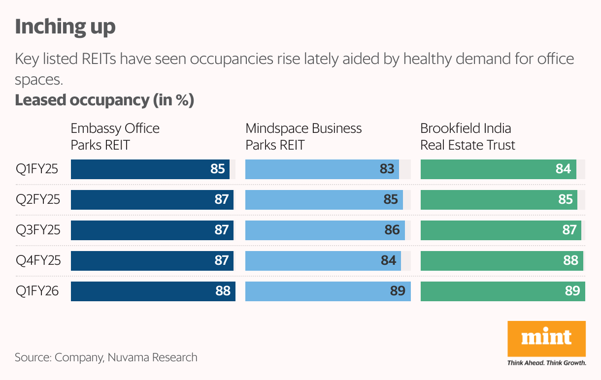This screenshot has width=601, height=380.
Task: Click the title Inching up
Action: click(65, 27)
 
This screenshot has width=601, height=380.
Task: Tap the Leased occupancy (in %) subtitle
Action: click(104, 100)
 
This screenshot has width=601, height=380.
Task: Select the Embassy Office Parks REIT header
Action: click(115, 136)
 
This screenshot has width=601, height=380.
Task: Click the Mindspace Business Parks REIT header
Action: click(303, 136)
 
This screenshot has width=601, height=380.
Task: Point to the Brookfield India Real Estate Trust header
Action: click(467, 136)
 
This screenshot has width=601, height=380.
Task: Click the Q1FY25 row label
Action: click(37, 169)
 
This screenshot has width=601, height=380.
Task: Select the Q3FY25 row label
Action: click(38, 230)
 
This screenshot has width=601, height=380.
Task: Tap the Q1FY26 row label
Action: click(37, 291)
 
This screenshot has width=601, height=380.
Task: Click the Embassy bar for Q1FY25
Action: click(150, 169)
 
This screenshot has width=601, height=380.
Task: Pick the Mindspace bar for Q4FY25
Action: click(323, 261)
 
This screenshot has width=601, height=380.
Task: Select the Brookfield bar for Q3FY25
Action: click(501, 230)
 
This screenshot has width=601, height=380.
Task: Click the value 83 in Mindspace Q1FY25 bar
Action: click(387, 169)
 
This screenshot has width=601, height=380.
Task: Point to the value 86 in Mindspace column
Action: click(392, 230)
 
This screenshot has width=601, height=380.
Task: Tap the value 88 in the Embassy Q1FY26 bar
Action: click(223, 291)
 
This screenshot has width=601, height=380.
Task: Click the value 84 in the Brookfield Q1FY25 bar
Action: click(563, 169)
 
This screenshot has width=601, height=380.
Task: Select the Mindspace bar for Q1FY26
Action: click(328, 291)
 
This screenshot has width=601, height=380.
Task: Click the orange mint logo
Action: click(546, 339)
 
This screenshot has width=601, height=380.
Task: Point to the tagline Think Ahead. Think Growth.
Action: click(546, 363)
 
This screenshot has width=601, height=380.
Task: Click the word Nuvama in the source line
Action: click(128, 357)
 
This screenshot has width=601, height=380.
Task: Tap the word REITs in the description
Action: click(99, 59)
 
